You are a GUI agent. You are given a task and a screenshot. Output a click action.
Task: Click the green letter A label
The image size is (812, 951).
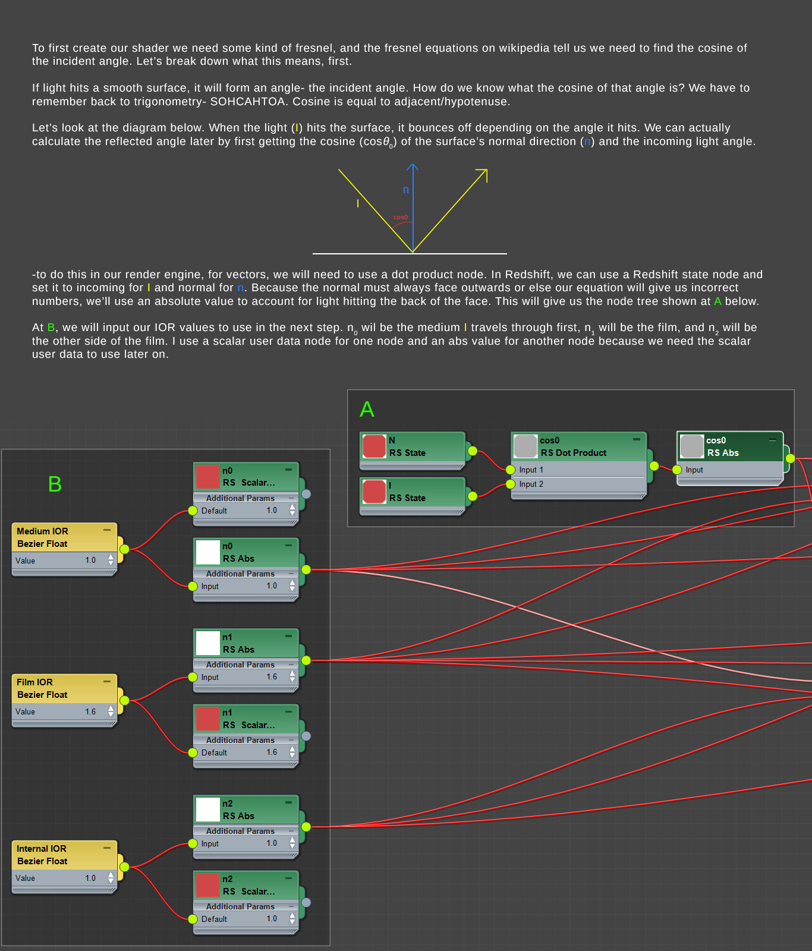click(367, 410)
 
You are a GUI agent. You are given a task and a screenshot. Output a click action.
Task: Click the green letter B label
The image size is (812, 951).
click(55, 484)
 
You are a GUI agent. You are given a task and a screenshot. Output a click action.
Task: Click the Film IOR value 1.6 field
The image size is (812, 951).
click(90, 711)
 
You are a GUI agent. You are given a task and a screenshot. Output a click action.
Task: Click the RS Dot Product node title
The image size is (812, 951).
click(573, 453)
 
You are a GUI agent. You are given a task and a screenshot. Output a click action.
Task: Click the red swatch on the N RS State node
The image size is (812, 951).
click(374, 446)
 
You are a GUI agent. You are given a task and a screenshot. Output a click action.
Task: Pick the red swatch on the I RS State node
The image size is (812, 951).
click(374, 492)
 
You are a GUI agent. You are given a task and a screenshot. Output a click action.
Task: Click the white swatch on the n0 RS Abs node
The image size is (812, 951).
click(207, 552)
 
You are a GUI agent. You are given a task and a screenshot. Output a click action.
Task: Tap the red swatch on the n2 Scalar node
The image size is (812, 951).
click(207, 885)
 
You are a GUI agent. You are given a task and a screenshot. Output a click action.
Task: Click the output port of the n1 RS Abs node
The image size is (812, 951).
click(306, 660)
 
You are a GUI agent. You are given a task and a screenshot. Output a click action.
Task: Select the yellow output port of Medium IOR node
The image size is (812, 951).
click(124, 549)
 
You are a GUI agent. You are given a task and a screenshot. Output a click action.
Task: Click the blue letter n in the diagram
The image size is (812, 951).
click(406, 190)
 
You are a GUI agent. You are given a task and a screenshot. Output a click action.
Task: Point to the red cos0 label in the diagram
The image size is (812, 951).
click(401, 218)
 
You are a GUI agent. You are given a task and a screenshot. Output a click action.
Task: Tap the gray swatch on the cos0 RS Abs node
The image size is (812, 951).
click(691, 446)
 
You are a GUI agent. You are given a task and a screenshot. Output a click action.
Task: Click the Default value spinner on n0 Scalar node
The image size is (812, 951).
click(292, 510)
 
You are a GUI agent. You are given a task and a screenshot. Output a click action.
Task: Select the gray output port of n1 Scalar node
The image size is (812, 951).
click(306, 736)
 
